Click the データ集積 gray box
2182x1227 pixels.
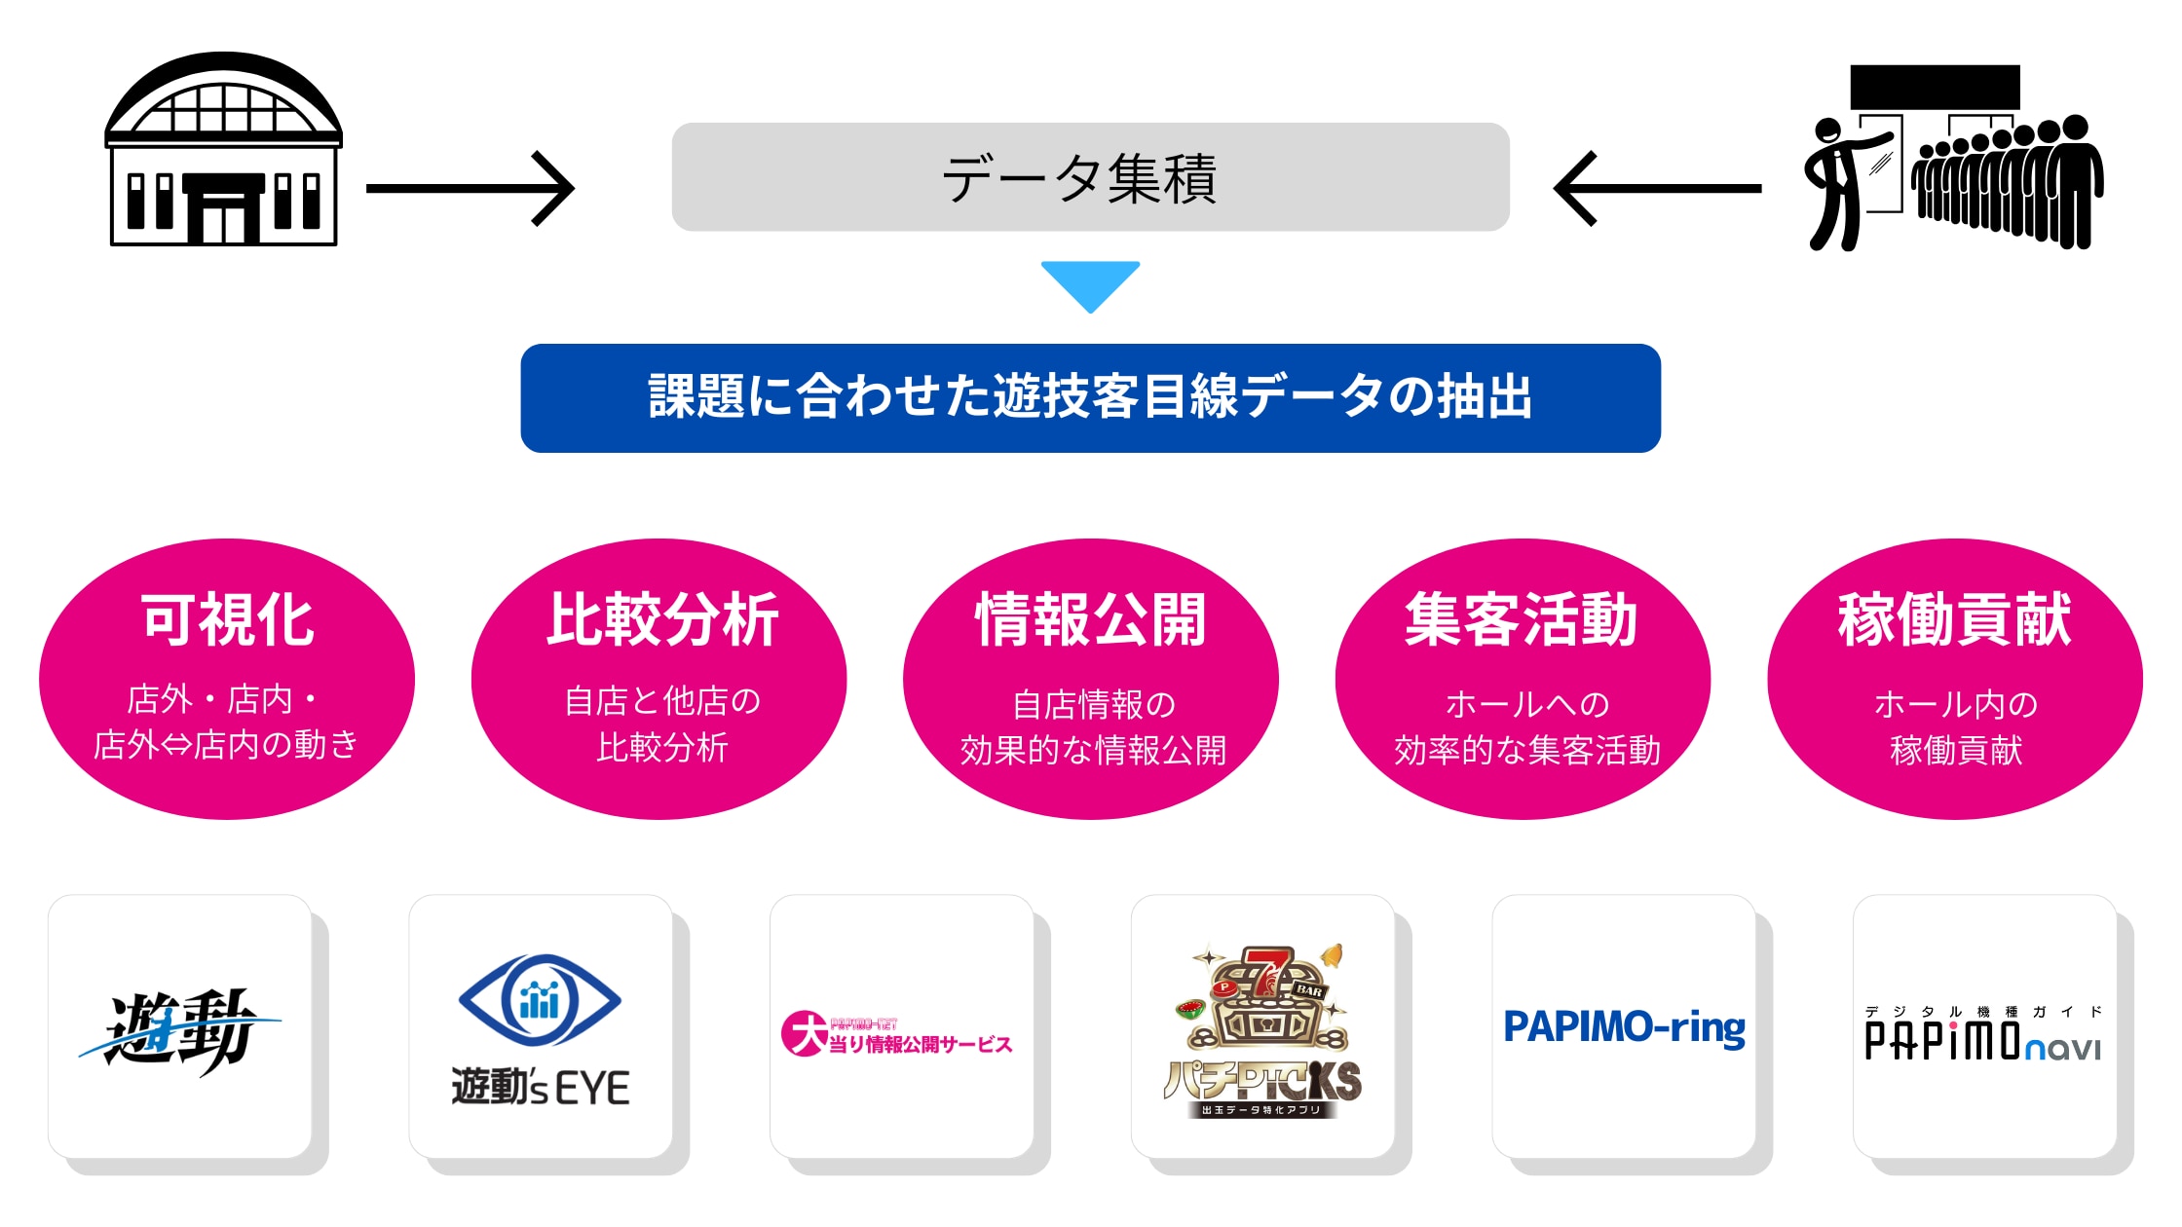point(1090,177)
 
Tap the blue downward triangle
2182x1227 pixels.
point(1090,283)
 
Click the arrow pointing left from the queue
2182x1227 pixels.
point(1657,188)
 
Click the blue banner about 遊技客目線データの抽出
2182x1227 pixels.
point(1090,397)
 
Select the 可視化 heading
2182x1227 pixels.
point(227,619)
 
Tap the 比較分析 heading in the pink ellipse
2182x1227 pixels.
point(661,619)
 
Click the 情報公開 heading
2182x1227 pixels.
point(1091,619)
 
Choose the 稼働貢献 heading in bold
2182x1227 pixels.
point(1954,619)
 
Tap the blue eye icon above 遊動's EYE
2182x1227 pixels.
point(540,1000)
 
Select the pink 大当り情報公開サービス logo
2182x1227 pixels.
point(896,1035)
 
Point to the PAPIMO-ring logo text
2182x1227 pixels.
point(1624,1028)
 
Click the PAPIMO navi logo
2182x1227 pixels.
point(1982,1038)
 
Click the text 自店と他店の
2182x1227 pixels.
point(661,701)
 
